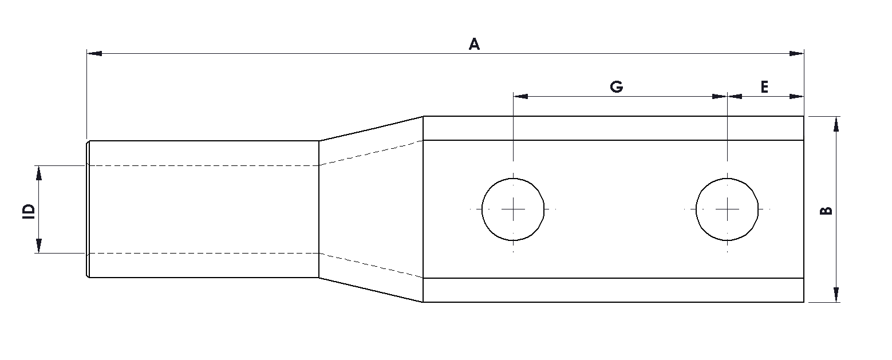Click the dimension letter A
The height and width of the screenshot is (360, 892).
tap(473, 44)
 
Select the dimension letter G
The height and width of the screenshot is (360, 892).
tap(616, 87)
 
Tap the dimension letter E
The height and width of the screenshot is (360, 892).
tap(764, 87)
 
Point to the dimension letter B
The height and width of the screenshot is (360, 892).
tap(826, 210)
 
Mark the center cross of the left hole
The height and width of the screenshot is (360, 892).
tap(514, 209)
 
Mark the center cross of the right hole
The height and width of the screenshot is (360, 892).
tap(728, 209)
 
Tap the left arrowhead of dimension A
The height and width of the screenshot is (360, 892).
tap(94, 54)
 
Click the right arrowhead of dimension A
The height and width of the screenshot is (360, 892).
tap(796, 54)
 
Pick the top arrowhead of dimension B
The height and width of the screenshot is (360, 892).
tap(836, 124)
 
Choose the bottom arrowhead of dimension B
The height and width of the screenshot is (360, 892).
tap(836, 294)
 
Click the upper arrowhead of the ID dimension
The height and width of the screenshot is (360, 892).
tap(39, 173)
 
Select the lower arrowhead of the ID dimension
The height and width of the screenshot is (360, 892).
tap(39, 246)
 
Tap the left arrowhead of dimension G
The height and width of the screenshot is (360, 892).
tap(521, 97)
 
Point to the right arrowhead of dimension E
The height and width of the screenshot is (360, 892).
tap(796, 97)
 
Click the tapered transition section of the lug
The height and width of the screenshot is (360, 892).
tap(371, 209)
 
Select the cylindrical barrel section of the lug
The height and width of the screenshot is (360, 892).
tap(203, 209)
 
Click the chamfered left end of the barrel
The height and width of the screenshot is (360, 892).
tap(88, 209)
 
